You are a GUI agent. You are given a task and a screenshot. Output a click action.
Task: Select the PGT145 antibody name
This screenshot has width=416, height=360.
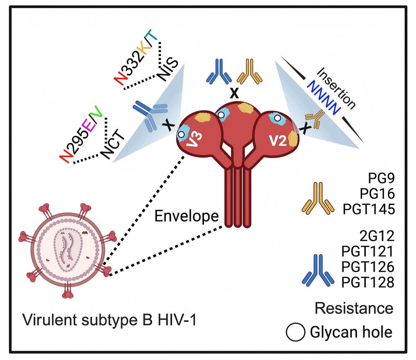click(368, 208)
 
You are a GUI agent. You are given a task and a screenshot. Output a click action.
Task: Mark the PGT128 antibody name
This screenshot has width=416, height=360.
click(368, 283)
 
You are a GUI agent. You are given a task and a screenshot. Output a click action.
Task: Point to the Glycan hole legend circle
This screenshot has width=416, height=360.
click(295, 333)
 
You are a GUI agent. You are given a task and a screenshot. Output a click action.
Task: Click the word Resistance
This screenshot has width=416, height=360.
click(354, 309)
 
